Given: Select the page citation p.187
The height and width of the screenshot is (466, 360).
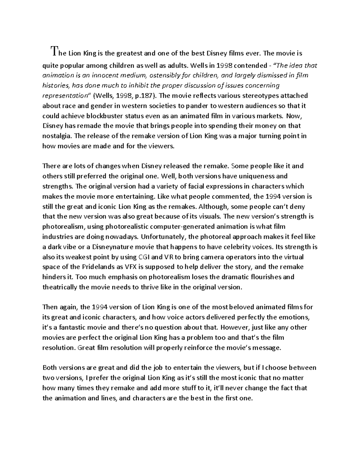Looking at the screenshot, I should tap(145, 96).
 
